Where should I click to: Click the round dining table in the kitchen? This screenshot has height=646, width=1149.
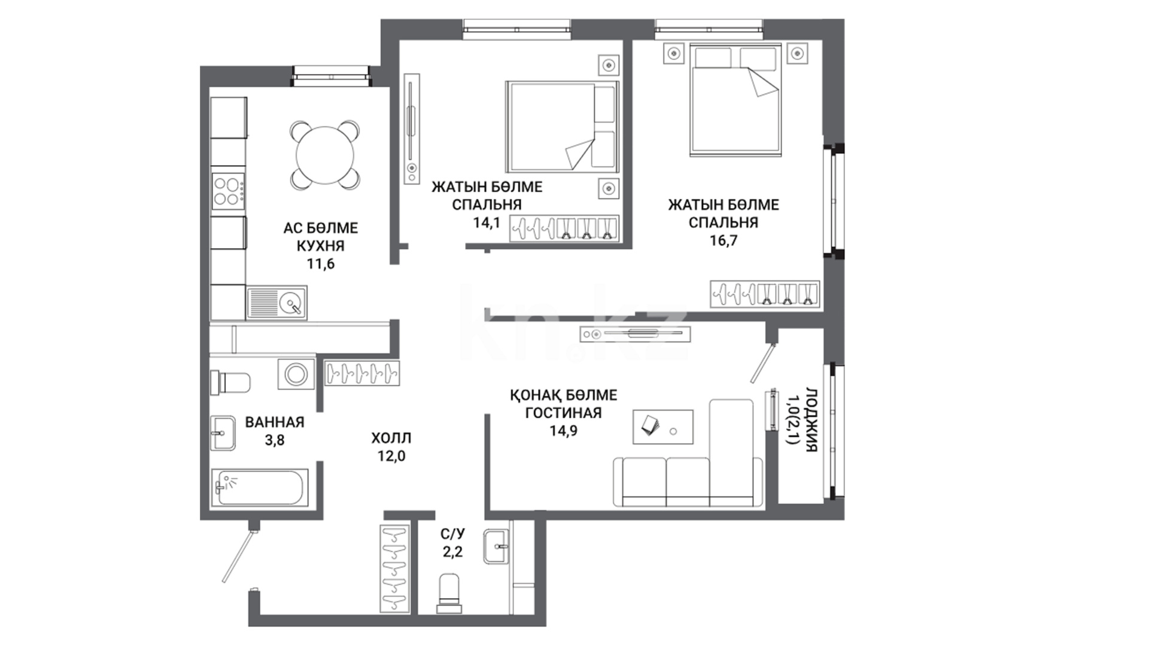pyautogui.click(x=326, y=156)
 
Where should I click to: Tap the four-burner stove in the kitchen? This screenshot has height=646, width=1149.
pyautogui.click(x=229, y=191)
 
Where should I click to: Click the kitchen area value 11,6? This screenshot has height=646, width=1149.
pyautogui.click(x=321, y=264)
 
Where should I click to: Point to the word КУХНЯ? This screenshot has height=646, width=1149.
pyautogui.click(x=321, y=246)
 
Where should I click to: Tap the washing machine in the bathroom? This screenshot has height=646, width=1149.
pyautogui.click(x=296, y=375)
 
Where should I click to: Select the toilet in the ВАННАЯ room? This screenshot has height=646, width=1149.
pyautogui.click(x=230, y=382)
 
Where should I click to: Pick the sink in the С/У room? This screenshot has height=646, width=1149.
pyautogui.click(x=497, y=546)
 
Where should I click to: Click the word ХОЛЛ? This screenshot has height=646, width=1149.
pyautogui.click(x=391, y=438)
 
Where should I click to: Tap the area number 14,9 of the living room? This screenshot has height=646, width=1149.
pyautogui.click(x=563, y=431)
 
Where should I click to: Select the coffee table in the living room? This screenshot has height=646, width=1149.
pyautogui.click(x=663, y=427)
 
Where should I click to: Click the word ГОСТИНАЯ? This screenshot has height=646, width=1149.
pyautogui.click(x=563, y=413)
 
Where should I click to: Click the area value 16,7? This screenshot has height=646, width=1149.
pyautogui.click(x=723, y=240)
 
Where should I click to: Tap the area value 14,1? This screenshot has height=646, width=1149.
pyautogui.click(x=487, y=223)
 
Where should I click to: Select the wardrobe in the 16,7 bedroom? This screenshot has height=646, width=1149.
pyautogui.click(x=765, y=294)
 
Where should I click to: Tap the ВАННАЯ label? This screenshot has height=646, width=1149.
pyautogui.click(x=275, y=422)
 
